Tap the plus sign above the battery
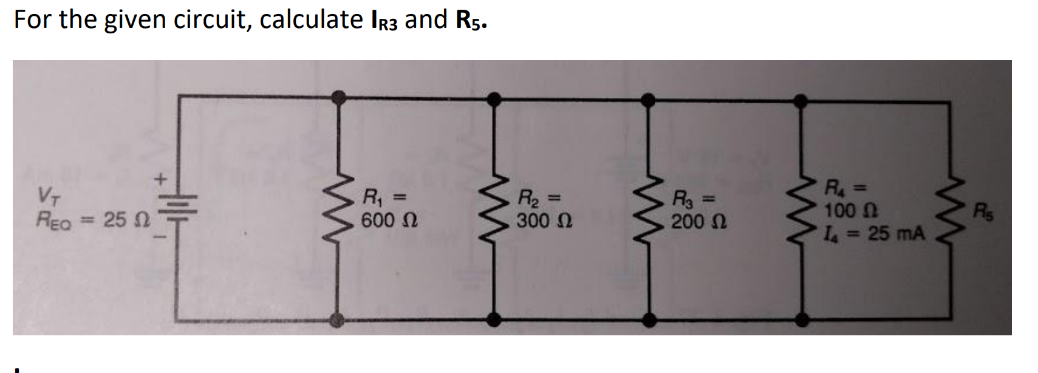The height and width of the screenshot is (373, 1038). (x=160, y=179)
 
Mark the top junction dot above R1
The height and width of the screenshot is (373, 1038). (x=340, y=97)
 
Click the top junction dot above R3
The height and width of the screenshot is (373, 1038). (x=649, y=99)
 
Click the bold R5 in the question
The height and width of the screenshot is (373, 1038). (x=470, y=21)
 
